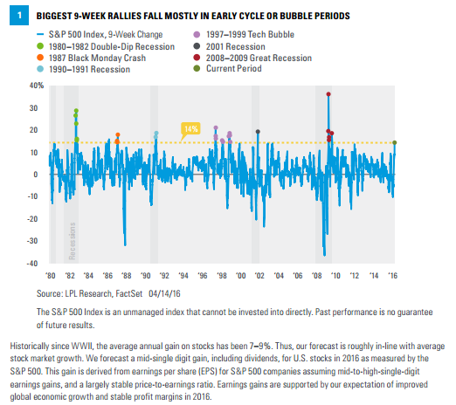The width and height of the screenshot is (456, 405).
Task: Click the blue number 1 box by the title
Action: tap(19, 16)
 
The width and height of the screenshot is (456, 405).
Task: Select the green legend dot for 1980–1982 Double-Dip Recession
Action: tap(40, 46)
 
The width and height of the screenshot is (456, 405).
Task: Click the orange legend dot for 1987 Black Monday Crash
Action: tap(40, 58)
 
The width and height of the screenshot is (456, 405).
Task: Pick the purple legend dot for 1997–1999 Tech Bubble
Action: tap(197, 34)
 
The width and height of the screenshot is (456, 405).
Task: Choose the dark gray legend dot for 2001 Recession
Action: tap(197, 46)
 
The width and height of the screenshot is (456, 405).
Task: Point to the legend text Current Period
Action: tap(234, 69)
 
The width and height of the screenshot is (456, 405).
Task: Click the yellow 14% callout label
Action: tap(190, 128)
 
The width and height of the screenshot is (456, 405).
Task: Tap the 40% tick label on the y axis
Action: tap(37, 86)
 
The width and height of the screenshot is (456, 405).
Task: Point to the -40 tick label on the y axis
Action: tap(32, 264)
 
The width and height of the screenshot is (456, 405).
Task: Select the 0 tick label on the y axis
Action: tap(36, 175)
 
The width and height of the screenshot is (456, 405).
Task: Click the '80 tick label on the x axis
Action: tap(51, 276)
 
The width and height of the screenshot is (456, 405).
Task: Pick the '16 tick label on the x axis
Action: tap(392, 276)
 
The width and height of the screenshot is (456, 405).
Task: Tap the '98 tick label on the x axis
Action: tap(222, 276)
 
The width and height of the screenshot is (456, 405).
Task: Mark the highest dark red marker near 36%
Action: tap(328, 94)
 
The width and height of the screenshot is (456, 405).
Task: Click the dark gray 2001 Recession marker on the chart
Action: tap(258, 132)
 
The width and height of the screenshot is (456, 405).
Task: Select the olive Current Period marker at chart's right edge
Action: tap(395, 142)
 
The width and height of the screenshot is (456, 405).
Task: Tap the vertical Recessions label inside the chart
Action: tap(73, 241)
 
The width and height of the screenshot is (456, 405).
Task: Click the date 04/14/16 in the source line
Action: tap(164, 293)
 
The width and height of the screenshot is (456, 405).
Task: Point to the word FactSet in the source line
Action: tap(129, 293)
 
